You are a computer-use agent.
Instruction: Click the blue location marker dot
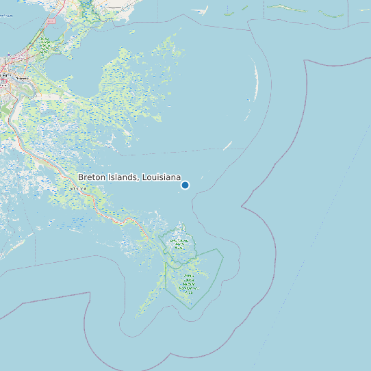[x=185, y=185]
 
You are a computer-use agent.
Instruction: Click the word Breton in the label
[x=93, y=177]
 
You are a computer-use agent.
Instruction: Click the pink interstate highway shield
[x=51, y=21]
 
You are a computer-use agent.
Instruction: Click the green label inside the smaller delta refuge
[x=180, y=244]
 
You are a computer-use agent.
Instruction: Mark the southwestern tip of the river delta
[x=137, y=316]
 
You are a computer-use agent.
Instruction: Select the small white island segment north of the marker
[x=229, y=145]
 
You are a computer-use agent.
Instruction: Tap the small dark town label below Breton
[x=75, y=188]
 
